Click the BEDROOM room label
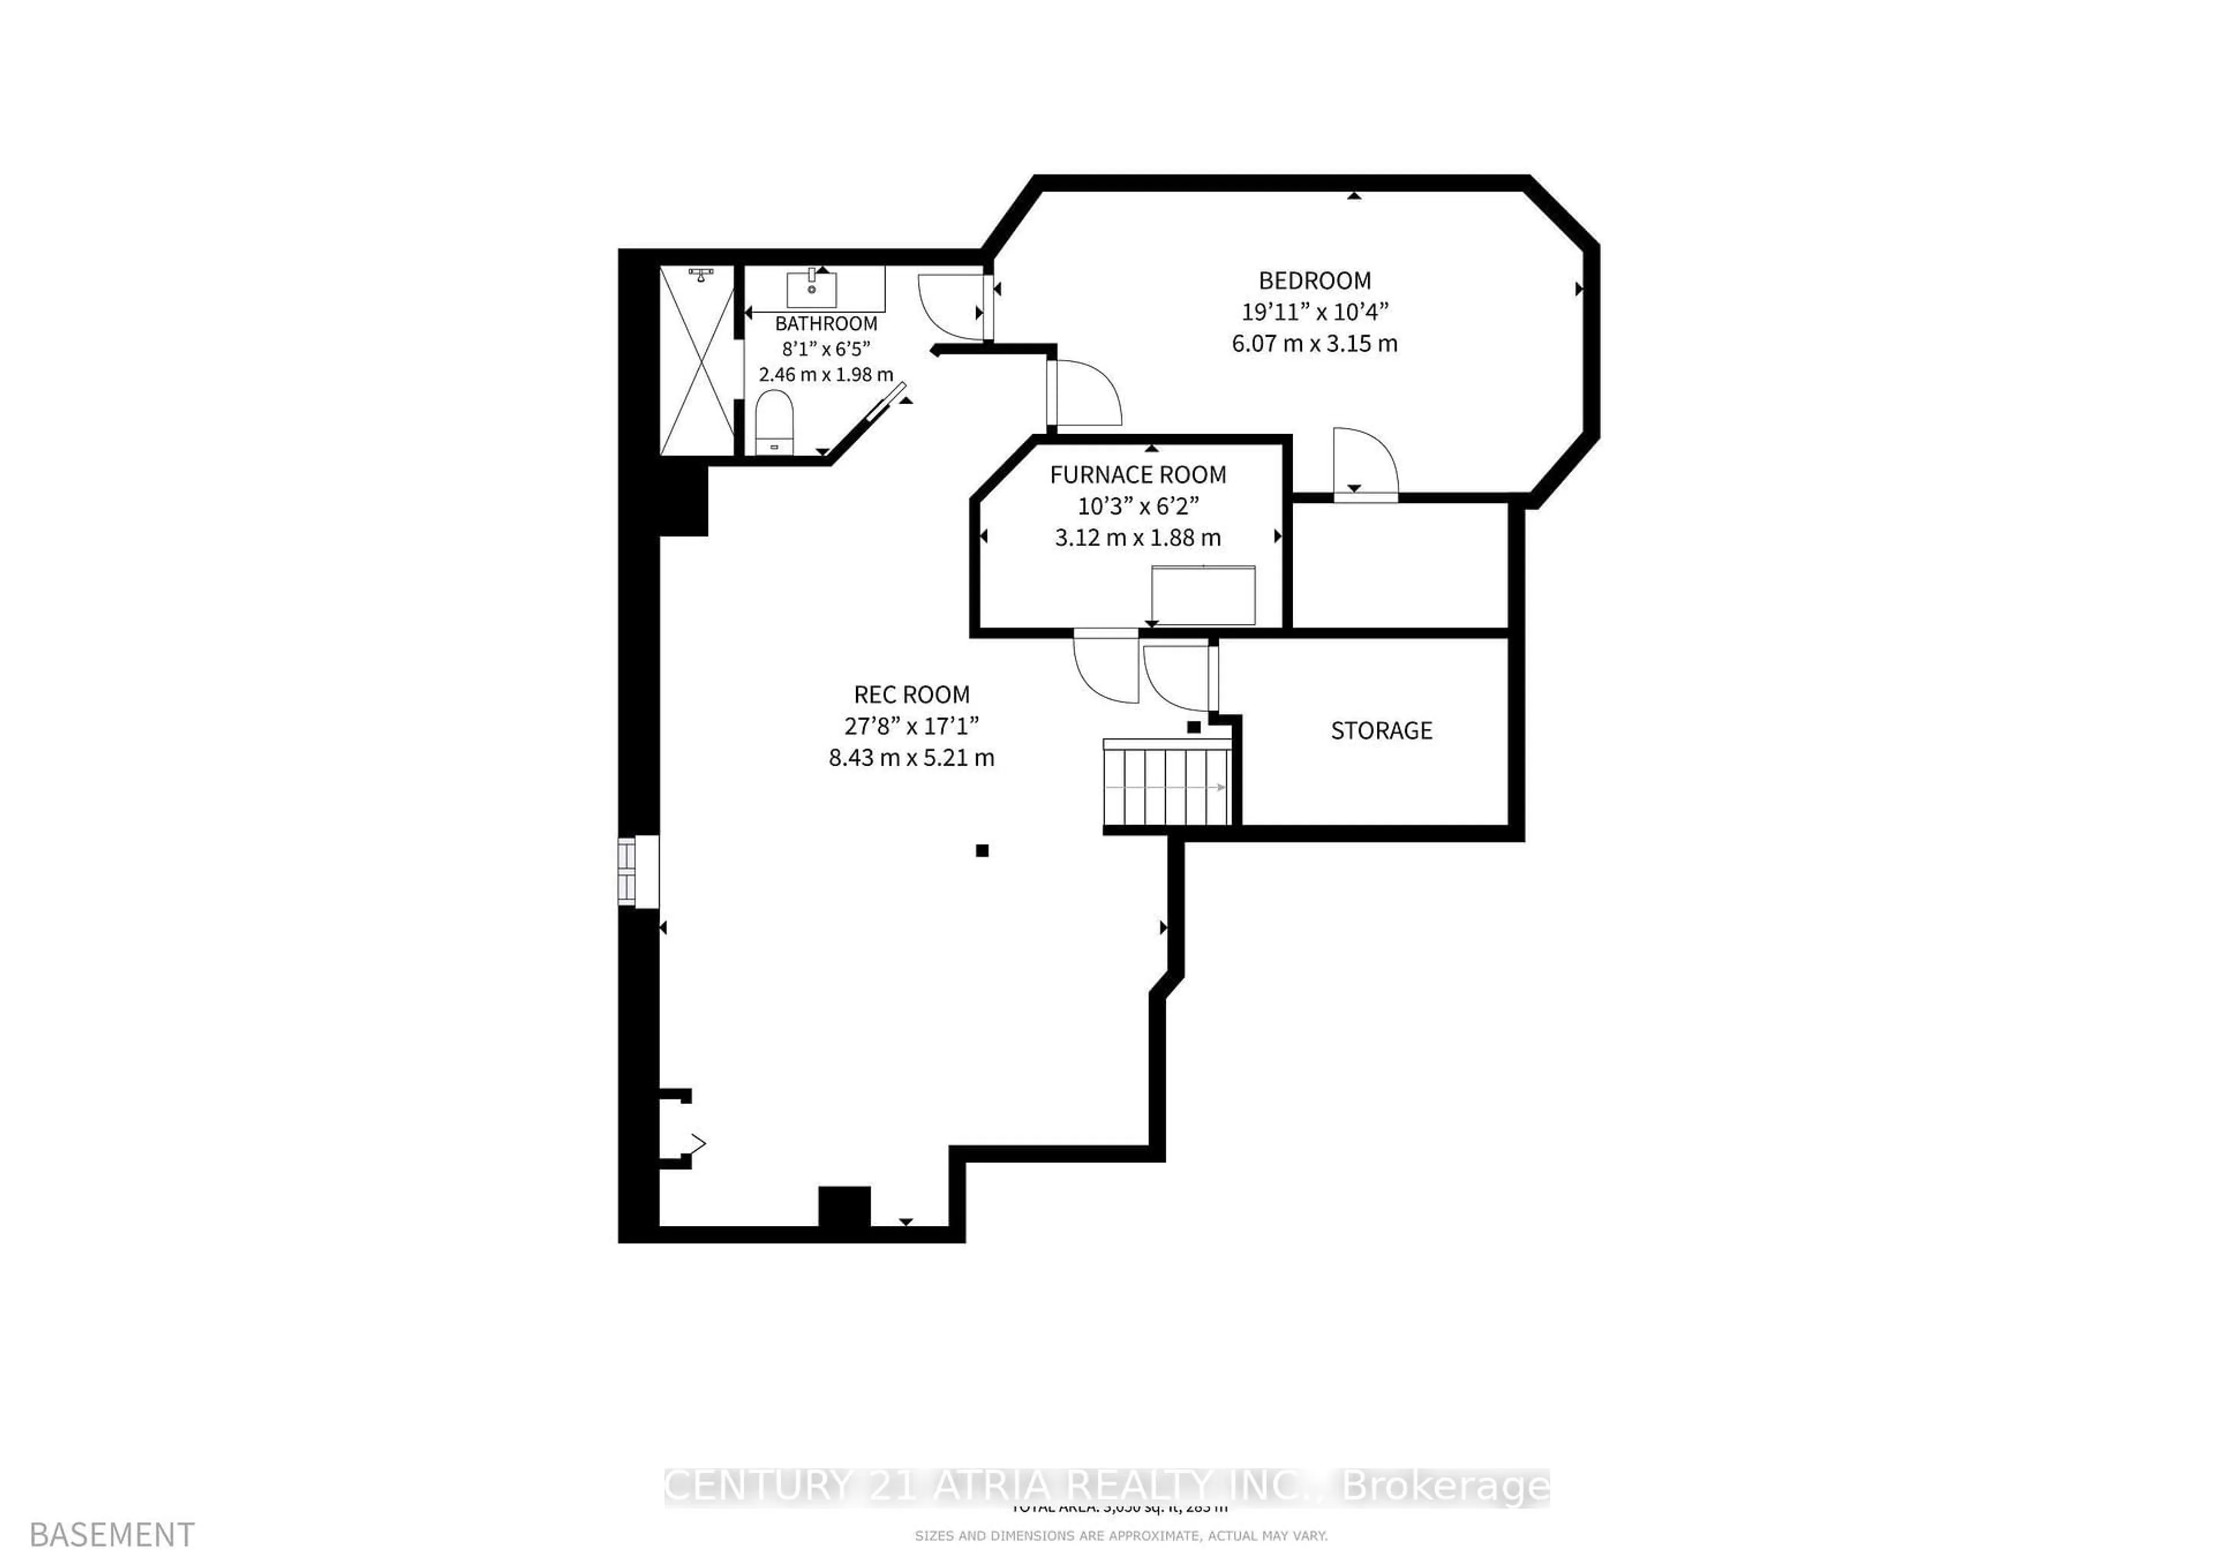[x=1315, y=281]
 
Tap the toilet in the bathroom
[x=773, y=420]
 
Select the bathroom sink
[x=812, y=288]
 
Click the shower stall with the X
[x=696, y=360]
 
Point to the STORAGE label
[x=1381, y=731]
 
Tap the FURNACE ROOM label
[x=1138, y=475]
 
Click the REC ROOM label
[x=911, y=694]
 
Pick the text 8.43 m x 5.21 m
[x=911, y=758]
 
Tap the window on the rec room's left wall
[x=638, y=871]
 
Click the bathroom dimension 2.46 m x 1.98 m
[x=826, y=374]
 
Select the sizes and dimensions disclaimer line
[x=1120, y=1535]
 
